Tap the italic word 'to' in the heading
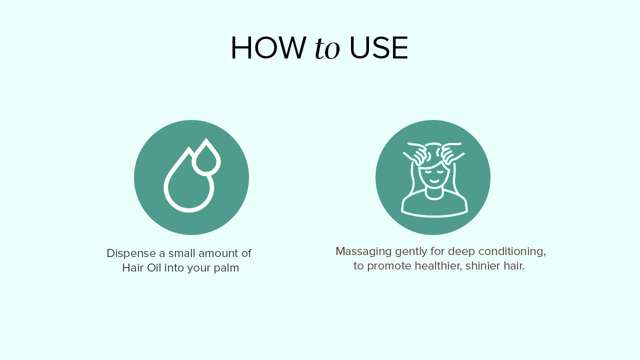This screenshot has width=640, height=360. [x=327, y=48]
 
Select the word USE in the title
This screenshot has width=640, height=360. [x=378, y=47]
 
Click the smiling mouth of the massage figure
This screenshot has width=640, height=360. [x=434, y=181]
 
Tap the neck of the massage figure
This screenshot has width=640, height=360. [x=434, y=193]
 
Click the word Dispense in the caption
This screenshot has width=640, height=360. [x=131, y=253]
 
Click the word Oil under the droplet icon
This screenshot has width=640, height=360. [x=154, y=268]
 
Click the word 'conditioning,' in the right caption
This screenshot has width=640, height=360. [x=512, y=252]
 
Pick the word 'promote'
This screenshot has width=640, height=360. [x=389, y=266]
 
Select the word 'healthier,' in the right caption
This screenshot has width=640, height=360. [x=438, y=266]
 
